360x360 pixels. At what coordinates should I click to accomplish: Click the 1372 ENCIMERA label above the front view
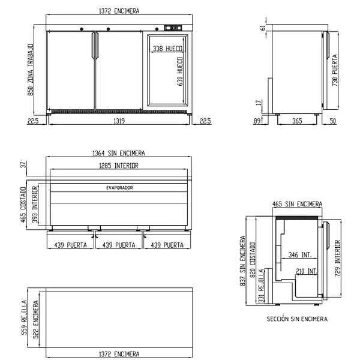(119, 11)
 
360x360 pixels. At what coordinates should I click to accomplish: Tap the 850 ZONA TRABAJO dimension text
(31, 70)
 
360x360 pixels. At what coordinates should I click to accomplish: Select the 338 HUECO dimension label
(167, 49)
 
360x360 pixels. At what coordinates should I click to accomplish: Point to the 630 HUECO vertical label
(180, 71)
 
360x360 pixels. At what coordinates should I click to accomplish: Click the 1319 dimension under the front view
(119, 121)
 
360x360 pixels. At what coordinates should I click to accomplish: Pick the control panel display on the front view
(173, 28)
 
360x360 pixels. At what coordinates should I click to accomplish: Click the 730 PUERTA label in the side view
(335, 70)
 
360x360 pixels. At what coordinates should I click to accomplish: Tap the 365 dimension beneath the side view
(297, 121)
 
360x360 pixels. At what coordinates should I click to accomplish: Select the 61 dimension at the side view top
(263, 28)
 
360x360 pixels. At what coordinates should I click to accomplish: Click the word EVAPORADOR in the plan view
(119, 188)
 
